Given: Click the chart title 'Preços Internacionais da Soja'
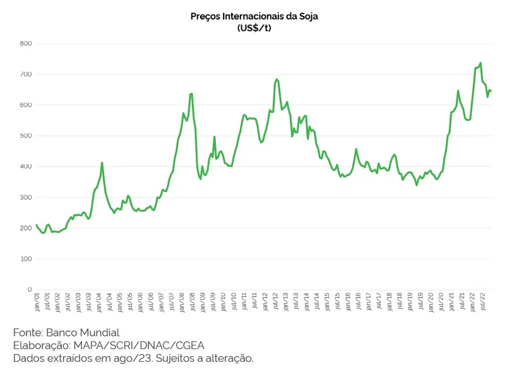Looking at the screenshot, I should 254,16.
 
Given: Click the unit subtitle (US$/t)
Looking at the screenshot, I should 254,28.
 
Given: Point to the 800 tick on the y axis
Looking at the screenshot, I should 25,44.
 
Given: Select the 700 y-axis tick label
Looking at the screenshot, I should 25,75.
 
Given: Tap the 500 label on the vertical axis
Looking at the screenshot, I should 25,136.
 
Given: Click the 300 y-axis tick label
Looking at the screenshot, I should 25,198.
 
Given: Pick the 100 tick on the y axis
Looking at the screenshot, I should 25,259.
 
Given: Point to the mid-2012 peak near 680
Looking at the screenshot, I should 277,80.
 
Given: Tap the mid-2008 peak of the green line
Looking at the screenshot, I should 191,93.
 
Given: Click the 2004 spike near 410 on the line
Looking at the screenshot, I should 102,163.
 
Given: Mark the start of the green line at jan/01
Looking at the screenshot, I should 37,225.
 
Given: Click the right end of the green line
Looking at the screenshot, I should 491,92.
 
